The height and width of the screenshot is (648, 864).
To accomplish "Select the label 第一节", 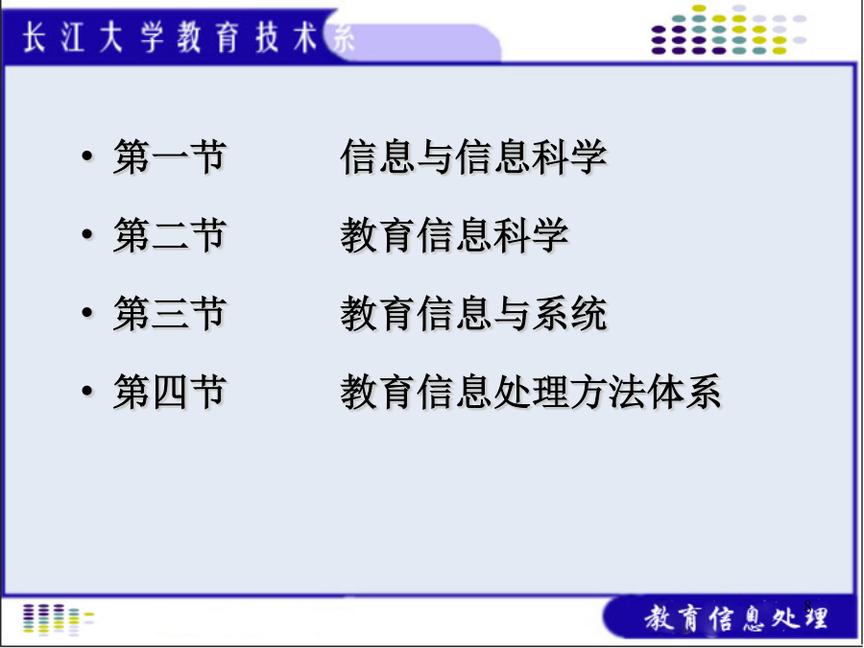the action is pyautogui.click(x=170, y=157).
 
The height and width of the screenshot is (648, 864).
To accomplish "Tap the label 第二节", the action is pyautogui.click(x=170, y=235).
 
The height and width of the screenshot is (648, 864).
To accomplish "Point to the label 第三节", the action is pyautogui.click(x=170, y=314).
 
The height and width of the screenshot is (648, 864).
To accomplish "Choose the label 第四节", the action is pyautogui.click(x=170, y=392).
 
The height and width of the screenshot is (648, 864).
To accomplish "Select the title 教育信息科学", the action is pyautogui.click(x=455, y=235).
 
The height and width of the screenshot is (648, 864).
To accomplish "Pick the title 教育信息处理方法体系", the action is pyautogui.click(x=531, y=392).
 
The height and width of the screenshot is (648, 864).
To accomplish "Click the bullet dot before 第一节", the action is pyautogui.click(x=87, y=156).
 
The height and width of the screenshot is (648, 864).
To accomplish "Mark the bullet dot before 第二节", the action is pyautogui.click(x=87, y=235).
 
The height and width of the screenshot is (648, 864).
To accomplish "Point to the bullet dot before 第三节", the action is pyautogui.click(x=87, y=313).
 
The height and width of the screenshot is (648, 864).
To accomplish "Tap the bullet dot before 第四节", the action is pyautogui.click(x=87, y=392).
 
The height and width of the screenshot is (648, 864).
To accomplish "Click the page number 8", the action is pyautogui.click(x=807, y=606).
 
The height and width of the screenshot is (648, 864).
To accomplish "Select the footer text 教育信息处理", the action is pyautogui.click(x=736, y=617).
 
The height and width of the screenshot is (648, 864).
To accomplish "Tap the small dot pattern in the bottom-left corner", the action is pyautogui.click(x=58, y=619).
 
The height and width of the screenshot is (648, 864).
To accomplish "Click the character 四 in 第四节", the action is pyautogui.click(x=170, y=392).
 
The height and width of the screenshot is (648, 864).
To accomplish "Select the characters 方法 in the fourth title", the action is pyautogui.click(x=608, y=392).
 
